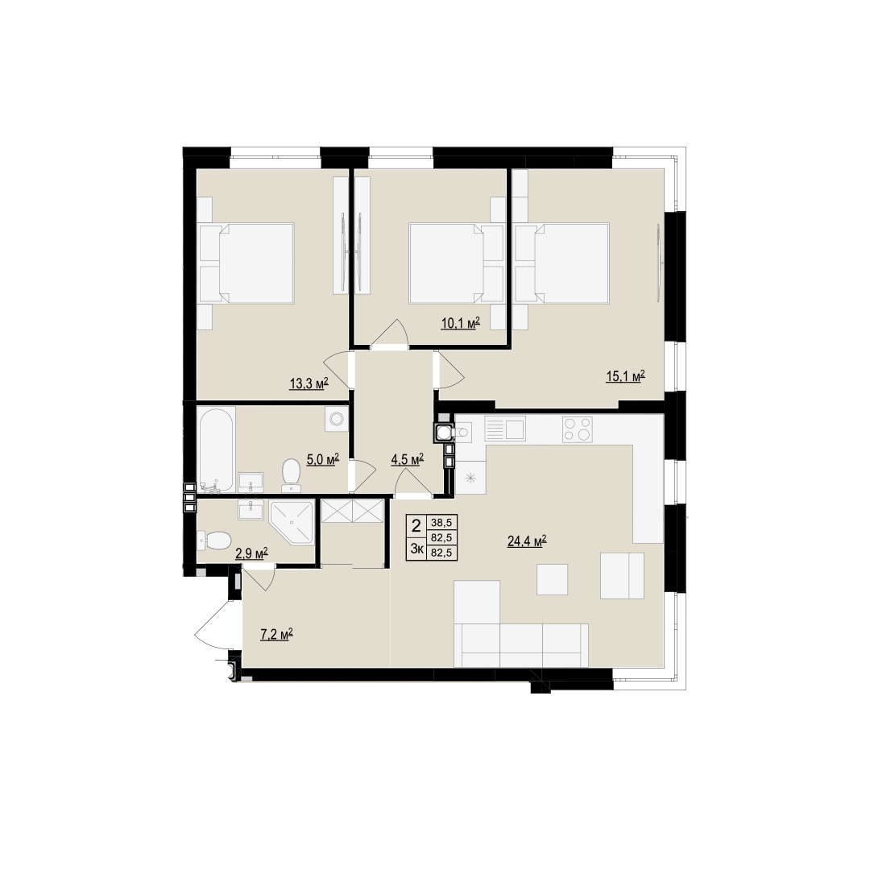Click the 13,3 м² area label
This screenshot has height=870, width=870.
(x=309, y=383)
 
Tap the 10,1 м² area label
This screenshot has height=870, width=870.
(x=460, y=323)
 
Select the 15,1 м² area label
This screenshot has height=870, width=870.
(x=625, y=377)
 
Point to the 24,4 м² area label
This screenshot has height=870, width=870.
(x=527, y=541)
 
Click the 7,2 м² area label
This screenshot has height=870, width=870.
(x=276, y=634)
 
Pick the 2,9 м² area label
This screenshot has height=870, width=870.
(x=252, y=553)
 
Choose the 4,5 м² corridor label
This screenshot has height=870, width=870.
(x=408, y=459)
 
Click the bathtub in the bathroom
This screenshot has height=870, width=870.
(x=217, y=449)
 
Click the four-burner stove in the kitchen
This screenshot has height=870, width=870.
(x=577, y=429)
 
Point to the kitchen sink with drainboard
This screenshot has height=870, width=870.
(x=504, y=429)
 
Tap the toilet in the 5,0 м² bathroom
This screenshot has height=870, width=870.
(x=292, y=475)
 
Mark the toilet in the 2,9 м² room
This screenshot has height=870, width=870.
(x=214, y=540)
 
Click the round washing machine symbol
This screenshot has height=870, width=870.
(x=336, y=419)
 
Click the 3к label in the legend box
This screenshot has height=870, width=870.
(x=416, y=549)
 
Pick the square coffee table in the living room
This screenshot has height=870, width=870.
(x=552, y=579)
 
